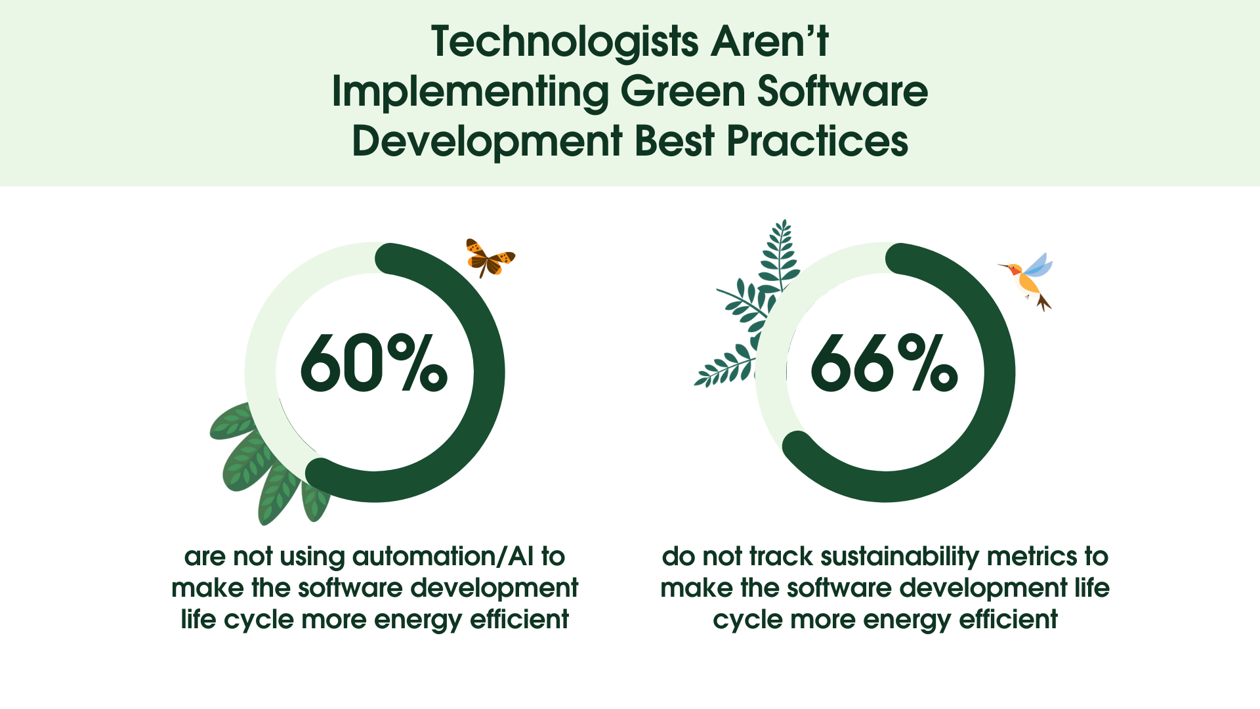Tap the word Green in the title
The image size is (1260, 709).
click(682, 92)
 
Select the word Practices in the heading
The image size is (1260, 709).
click(817, 141)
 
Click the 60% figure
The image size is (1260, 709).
click(374, 363)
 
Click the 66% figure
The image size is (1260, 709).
click(884, 363)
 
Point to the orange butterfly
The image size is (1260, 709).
click(489, 257)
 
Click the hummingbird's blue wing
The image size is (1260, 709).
click(1039, 265)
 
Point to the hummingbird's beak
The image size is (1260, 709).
click(1003, 267)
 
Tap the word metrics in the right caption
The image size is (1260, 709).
click(1031, 557)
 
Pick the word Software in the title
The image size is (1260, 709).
click(843, 92)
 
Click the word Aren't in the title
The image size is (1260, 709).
click(770, 43)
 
